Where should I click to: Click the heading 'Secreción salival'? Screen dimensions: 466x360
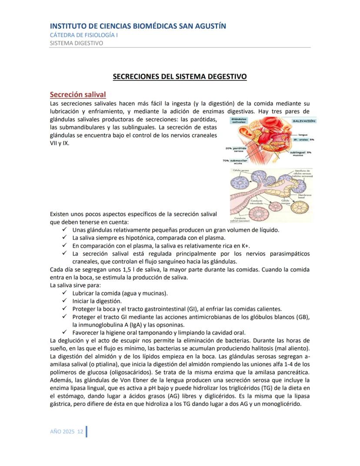(78, 94)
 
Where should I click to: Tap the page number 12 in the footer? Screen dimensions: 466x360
(80, 431)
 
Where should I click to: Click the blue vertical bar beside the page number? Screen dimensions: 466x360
(87, 432)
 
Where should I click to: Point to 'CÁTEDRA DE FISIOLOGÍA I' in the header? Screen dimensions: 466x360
(84, 35)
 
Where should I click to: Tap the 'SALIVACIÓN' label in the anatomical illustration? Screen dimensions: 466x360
(304, 121)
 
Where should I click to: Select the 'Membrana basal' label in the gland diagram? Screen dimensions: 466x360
(304, 197)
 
